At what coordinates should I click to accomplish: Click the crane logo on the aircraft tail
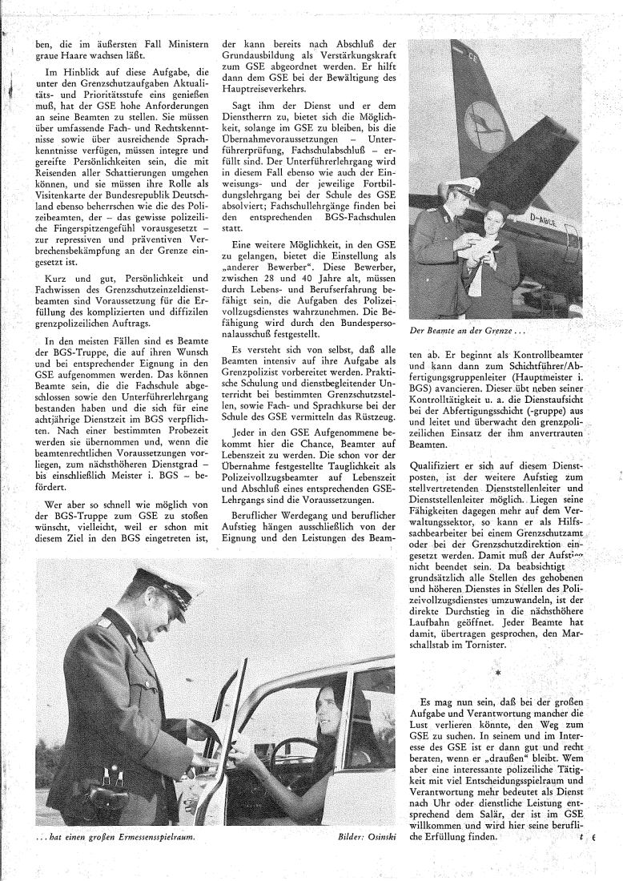484,125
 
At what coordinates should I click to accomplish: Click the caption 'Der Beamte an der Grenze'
456,330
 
